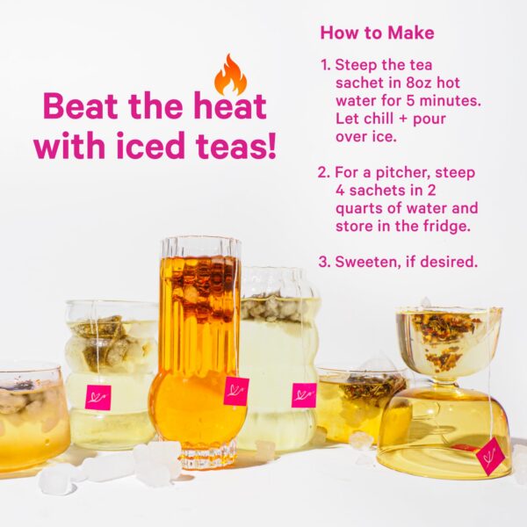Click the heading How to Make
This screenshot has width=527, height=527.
click(377, 32)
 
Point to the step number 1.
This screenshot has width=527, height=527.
click(325, 65)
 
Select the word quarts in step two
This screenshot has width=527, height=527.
click(361, 209)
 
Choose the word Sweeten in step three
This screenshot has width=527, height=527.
click(365, 262)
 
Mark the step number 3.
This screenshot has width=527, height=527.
click(325, 262)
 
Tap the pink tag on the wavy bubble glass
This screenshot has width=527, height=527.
click(97, 397)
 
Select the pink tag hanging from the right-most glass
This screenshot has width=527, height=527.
click(490, 455)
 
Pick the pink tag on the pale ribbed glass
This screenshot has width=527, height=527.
click(304, 395)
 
